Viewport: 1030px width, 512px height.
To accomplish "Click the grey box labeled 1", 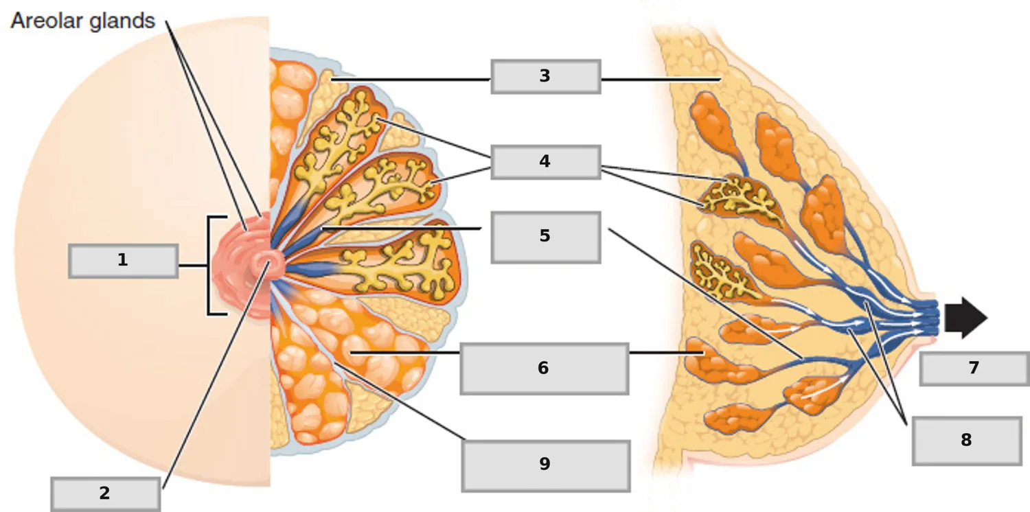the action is tap(123, 261).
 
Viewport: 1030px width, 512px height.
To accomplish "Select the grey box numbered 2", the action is tap(106, 494).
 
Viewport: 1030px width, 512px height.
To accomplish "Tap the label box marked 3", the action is tap(546, 77).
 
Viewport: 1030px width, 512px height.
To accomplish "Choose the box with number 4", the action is tap(546, 162).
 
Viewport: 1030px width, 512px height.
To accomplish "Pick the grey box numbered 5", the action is tap(546, 237).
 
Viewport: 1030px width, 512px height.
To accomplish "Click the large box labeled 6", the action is tap(545, 369).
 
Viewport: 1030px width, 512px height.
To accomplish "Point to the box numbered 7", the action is tap(974, 369).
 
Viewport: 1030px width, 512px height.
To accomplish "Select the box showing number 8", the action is tap(967, 441).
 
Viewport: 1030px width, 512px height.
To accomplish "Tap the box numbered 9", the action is tap(546, 466).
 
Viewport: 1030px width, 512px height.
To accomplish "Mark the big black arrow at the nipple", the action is tap(966, 318).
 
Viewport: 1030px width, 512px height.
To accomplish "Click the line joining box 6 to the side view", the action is tap(667, 353).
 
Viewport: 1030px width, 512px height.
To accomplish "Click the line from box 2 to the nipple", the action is tap(216, 375).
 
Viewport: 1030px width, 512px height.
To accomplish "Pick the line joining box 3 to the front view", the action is tap(411, 80).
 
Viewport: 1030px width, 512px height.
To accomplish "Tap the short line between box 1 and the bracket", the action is tap(193, 266).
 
